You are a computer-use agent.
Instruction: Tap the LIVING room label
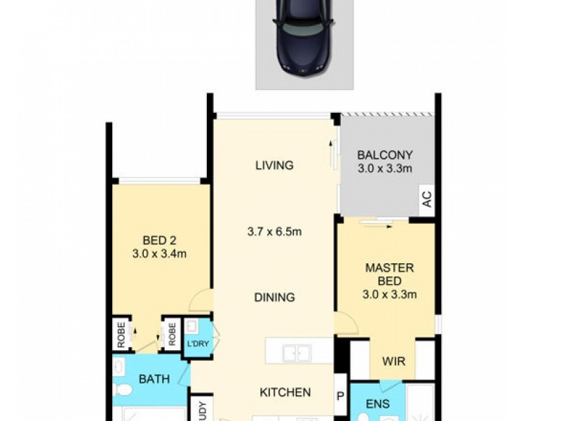coord(274,166)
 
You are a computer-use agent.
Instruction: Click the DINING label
coord(274,298)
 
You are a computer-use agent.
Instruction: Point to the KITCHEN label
coord(285,392)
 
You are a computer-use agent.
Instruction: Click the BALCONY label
coord(385,155)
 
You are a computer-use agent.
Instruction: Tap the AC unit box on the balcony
coord(426,200)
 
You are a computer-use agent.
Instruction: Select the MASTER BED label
coord(389,274)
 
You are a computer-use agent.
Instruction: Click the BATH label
coord(154,379)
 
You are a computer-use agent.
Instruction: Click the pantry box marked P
coord(341,397)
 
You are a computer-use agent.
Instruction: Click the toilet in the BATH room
coord(123,390)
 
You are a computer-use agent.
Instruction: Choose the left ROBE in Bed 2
coord(121,335)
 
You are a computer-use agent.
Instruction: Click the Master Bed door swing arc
coord(346,323)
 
